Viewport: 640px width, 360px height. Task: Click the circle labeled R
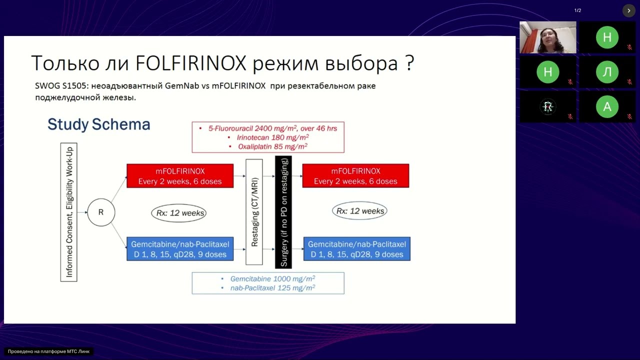[x=101, y=212]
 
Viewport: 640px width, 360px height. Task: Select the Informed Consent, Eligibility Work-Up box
[x=69, y=212]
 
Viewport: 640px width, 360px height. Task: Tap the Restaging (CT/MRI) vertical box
[x=254, y=212]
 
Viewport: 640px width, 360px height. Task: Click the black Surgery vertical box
[x=283, y=212]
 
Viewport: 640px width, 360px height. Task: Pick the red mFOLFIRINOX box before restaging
[x=180, y=175]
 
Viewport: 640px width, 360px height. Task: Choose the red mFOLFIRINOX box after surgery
[x=355, y=175]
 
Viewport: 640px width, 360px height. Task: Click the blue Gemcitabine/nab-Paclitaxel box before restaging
[x=180, y=249]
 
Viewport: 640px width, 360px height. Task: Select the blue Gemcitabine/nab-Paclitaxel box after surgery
[x=357, y=249]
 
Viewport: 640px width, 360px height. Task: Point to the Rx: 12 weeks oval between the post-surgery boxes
[x=359, y=211]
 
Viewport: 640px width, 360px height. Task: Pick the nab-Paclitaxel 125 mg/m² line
[x=272, y=288]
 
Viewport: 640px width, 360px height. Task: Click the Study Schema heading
[x=98, y=124]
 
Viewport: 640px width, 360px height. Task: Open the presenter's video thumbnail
[x=547, y=37]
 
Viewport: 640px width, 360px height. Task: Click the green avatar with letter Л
[x=607, y=72]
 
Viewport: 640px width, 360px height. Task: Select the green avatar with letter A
[x=607, y=106]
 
